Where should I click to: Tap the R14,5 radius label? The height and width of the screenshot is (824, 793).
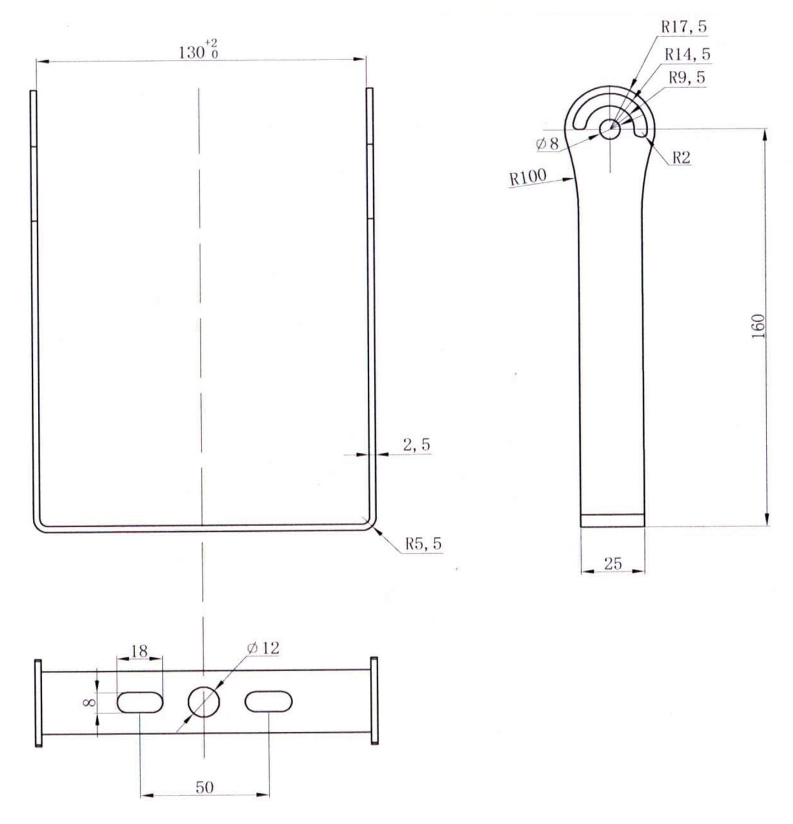[687, 54]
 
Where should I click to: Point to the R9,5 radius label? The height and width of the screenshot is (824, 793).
[687, 78]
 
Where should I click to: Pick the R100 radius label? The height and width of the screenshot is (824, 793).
[528, 177]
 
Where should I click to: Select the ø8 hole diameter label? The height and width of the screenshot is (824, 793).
[547, 144]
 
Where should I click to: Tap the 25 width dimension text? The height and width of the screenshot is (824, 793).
[612, 564]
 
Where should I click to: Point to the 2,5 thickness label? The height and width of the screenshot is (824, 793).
[417, 445]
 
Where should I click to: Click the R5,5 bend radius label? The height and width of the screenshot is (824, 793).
[423, 543]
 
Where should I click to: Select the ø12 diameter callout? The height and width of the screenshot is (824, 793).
[263, 648]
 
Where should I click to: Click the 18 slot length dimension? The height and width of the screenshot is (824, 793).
[140, 651]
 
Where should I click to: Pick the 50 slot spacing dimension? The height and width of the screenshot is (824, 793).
[205, 787]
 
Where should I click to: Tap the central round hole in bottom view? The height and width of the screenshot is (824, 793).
[204, 702]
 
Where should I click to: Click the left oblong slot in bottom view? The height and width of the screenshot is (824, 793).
[140, 702]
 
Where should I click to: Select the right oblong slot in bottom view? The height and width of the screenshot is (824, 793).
[268, 702]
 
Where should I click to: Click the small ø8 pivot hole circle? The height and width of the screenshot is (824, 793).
[609, 130]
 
